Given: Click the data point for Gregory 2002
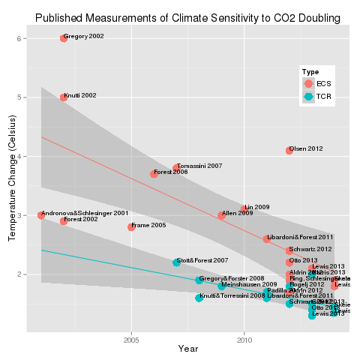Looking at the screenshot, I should (64, 38).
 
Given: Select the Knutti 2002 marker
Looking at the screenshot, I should (64, 97).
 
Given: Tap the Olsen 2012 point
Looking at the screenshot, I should (289, 151).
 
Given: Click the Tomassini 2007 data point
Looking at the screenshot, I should (176, 168).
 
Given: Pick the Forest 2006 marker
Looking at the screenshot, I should (154, 174).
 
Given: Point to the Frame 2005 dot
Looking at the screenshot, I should (131, 226).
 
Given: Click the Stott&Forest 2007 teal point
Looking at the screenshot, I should (176, 262).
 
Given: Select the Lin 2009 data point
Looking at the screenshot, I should (244, 209).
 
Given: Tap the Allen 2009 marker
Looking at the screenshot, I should (221, 215).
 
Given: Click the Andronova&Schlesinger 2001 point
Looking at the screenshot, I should (41, 215).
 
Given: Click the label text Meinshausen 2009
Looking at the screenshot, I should (251, 285).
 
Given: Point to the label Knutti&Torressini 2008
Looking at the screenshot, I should (232, 296).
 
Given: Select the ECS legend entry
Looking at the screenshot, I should (309, 83).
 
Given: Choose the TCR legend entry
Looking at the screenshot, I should (309, 97).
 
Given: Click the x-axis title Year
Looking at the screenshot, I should (188, 349).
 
